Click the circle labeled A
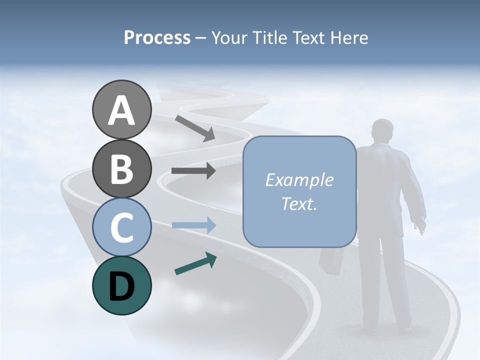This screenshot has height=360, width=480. pyautogui.click(x=121, y=109)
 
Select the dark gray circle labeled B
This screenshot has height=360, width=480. pyautogui.click(x=121, y=168)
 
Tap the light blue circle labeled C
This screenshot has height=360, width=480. pyautogui.click(x=121, y=227)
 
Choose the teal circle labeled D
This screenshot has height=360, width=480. pyautogui.click(x=121, y=285)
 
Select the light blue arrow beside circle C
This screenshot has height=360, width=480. pyautogui.click(x=193, y=225)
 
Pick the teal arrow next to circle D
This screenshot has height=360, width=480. pyautogui.click(x=195, y=263)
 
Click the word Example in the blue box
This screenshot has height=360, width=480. pyautogui.click(x=299, y=180)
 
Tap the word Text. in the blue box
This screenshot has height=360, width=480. pyautogui.click(x=299, y=204)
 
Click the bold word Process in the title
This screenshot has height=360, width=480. pyautogui.click(x=157, y=37)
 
